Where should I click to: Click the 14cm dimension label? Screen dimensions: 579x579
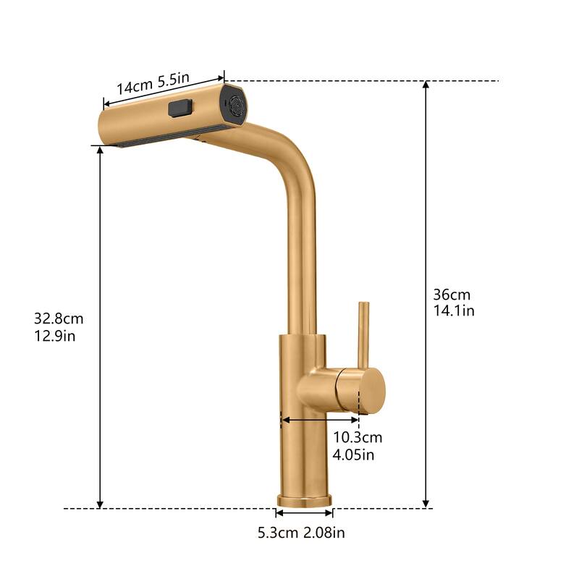[134, 85]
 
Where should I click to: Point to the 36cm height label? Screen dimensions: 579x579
[452, 295]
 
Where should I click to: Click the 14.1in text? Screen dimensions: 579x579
[454, 310]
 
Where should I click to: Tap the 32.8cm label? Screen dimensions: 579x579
[59, 318]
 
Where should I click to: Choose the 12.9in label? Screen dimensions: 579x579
[55, 335]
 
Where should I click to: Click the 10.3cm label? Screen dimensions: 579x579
[358, 437]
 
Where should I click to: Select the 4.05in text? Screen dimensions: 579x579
[354, 455]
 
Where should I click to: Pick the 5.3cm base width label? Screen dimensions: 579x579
[279, 533]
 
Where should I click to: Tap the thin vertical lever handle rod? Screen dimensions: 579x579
[363, 333]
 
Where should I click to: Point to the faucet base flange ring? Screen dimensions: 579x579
[304, 500]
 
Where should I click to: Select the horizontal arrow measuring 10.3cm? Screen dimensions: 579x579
[320, 419]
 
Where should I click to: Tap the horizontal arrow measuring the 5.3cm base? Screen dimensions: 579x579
[304, 513]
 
